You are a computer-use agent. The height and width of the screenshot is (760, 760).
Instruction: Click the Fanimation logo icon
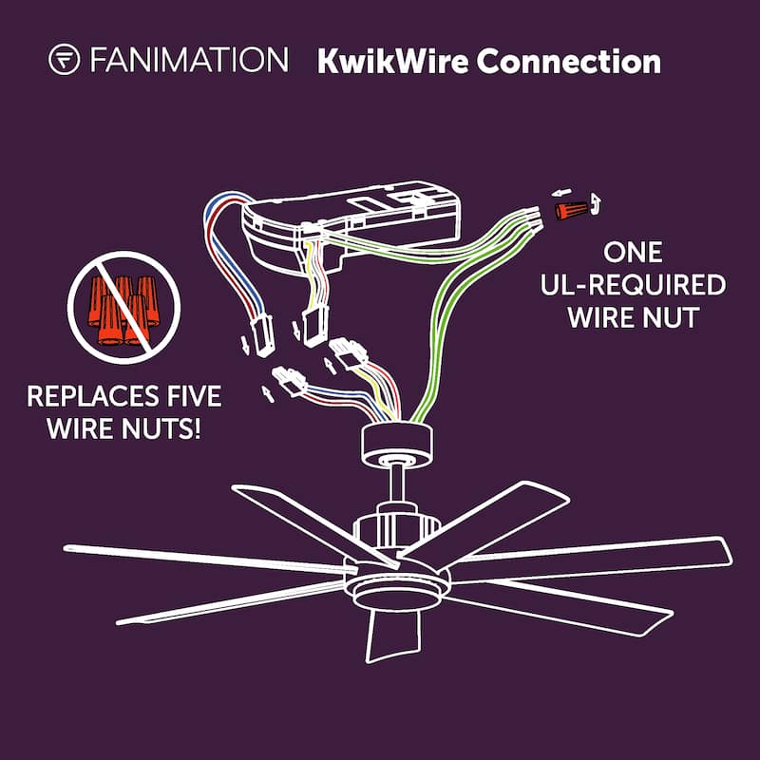[x=64, y=61]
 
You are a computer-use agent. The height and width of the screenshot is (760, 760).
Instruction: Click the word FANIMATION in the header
[x=188, y=61]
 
